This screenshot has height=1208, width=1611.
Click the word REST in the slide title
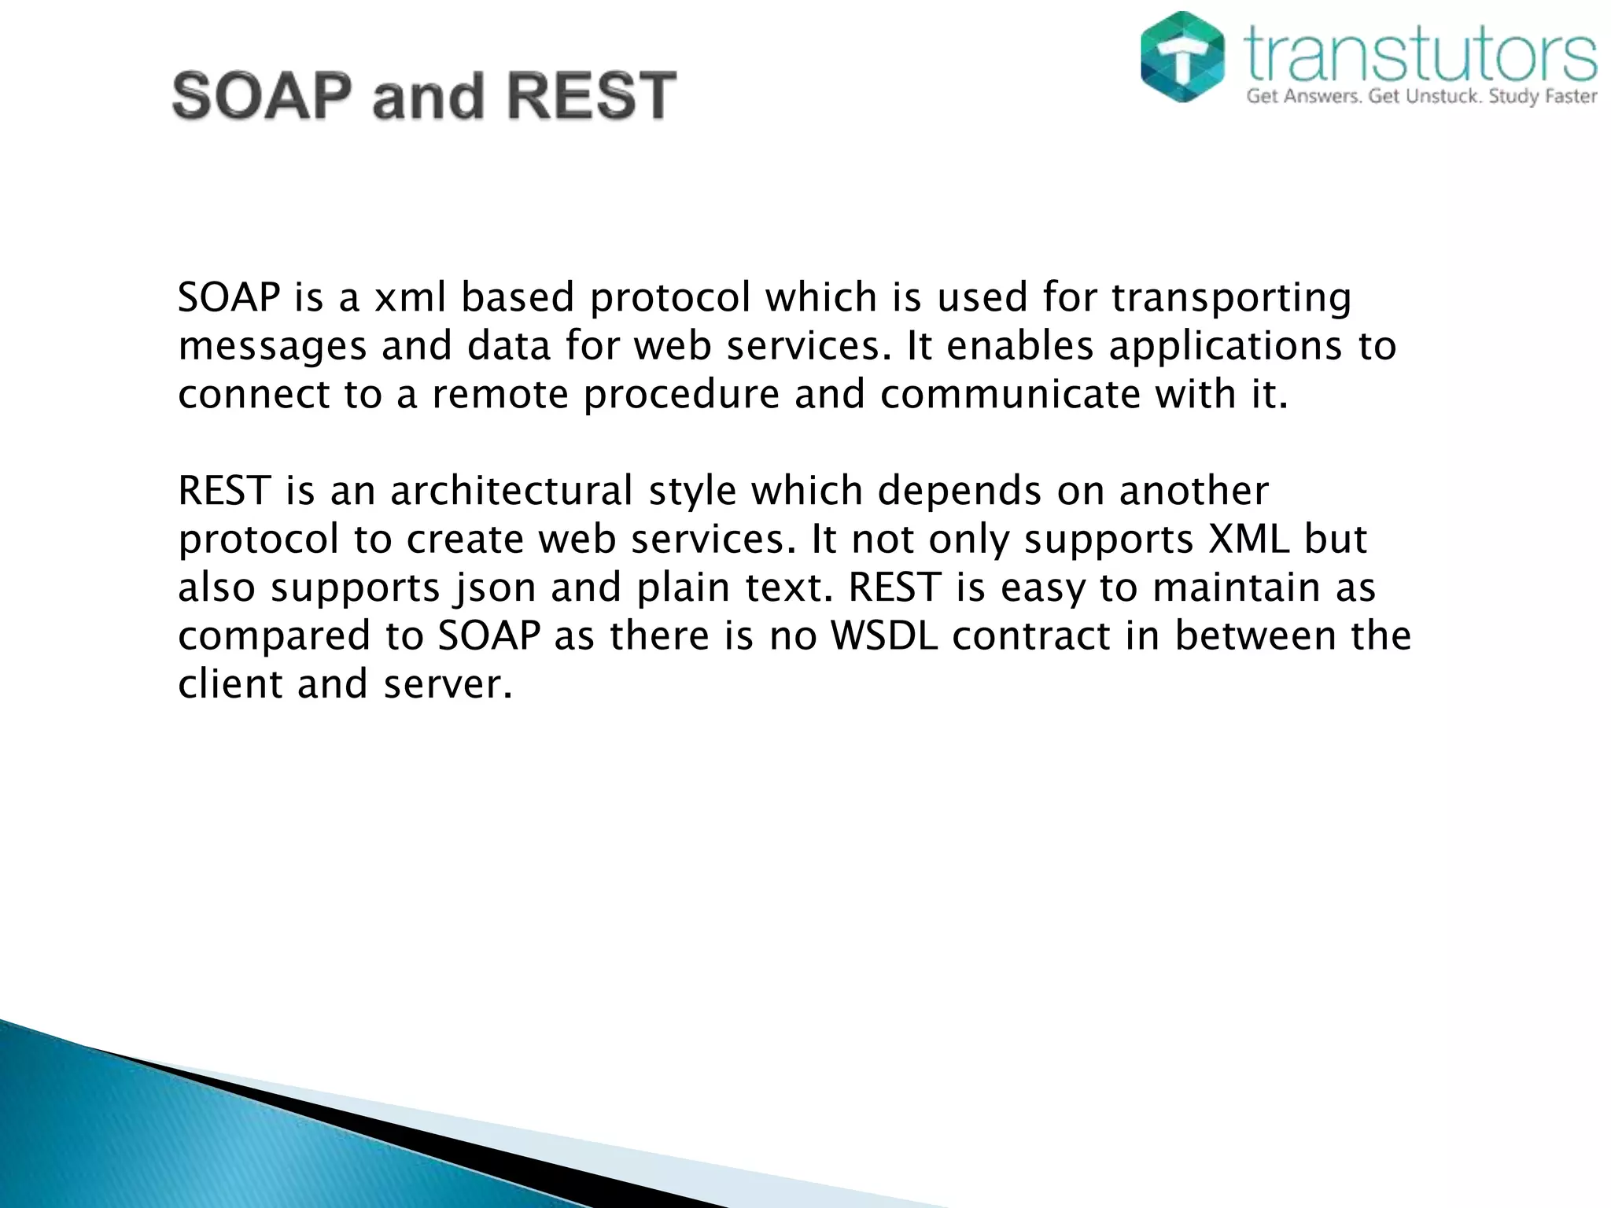[x=591, y=96]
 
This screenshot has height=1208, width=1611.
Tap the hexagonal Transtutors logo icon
[x=1182, y=57]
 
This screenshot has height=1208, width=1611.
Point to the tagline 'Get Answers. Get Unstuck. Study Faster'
[x=1421, y=98]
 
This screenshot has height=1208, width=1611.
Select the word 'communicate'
[x=1009, y=393]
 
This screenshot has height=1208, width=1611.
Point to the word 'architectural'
[x=511, y=491]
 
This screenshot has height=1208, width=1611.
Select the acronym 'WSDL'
[x=884, y=635]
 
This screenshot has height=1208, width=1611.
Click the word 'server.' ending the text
[x=448, y=684]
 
